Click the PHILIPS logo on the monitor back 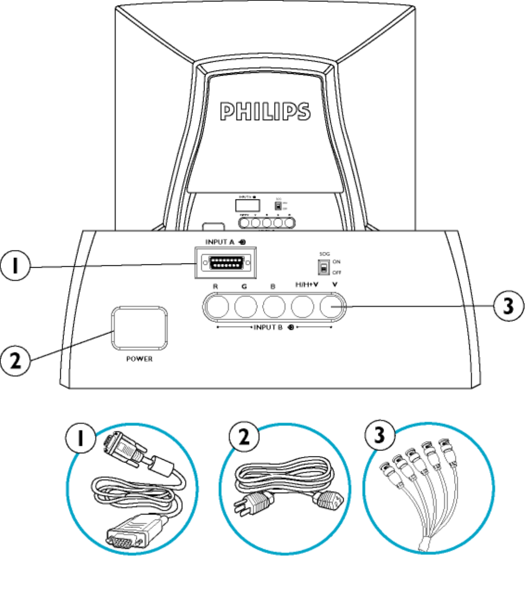point(265,112)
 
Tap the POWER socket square point(140,329)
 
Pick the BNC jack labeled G point(246,307)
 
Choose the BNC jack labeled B point(274,307)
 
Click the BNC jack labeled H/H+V point(303,307)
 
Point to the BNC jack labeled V point(332,307)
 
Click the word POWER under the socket point(139,359)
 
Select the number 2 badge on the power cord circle point(243,437)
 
